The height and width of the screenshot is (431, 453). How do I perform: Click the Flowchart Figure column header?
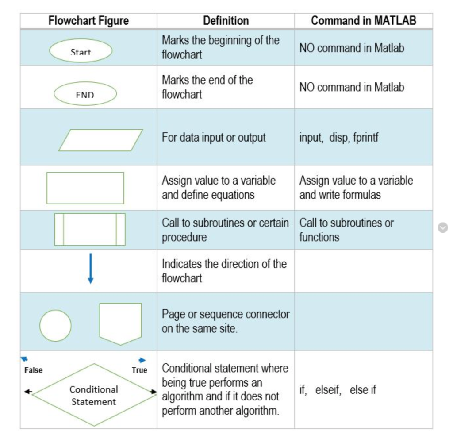[88, 21]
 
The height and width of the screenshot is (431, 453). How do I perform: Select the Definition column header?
[226, 21]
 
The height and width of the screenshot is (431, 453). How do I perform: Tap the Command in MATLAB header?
[363, 21]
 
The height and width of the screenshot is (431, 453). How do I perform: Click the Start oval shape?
[81, 51]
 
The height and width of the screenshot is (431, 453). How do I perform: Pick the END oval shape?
[85, 94]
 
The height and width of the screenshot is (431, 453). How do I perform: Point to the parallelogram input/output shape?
[100, 140]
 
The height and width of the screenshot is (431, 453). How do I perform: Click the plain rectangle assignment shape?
[85, 188]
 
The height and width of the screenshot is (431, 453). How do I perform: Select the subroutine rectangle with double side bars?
[90, 229]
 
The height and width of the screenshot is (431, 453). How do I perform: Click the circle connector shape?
[55, 325]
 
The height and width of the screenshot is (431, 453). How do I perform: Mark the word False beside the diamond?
[33, 370]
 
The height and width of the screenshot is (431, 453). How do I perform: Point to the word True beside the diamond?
[139, 370]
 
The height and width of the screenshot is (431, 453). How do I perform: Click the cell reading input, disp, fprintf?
[339, 137]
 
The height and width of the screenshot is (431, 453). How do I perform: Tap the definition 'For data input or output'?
[214, 137]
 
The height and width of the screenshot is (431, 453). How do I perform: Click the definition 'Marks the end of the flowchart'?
[207, 87]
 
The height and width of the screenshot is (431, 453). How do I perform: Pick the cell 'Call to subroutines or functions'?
[346, 230]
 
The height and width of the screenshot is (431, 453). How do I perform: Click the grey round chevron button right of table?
[442, 227]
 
